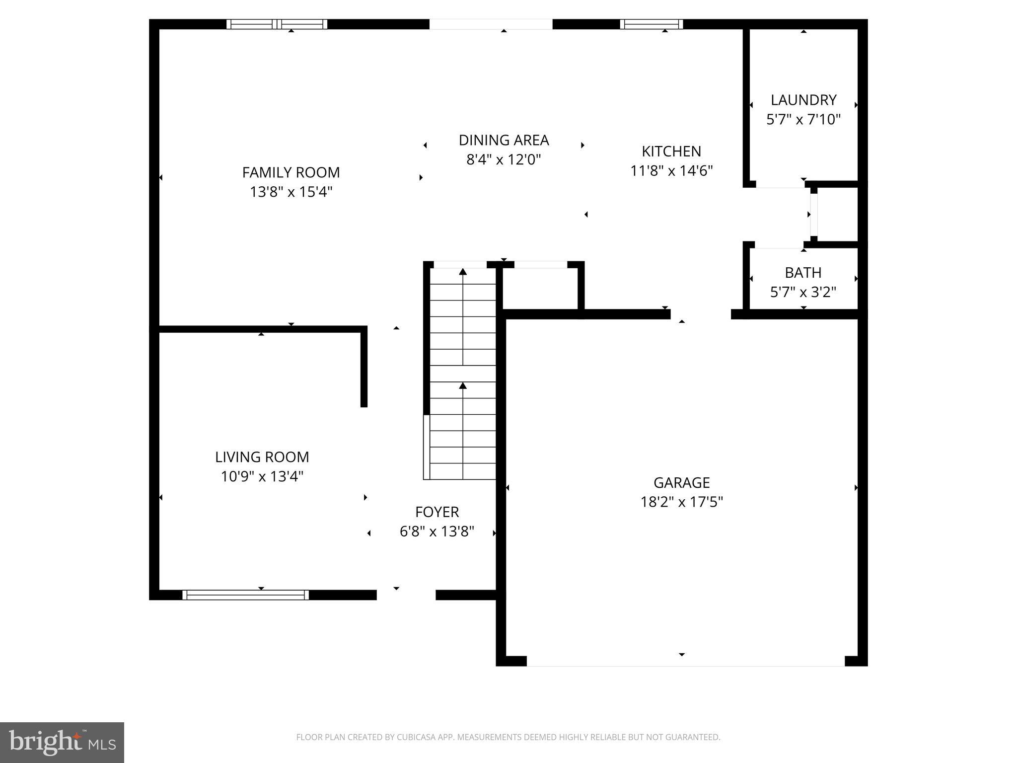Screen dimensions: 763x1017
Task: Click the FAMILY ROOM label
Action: pos(291,172)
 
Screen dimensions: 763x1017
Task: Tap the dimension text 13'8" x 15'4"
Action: pos(291,192)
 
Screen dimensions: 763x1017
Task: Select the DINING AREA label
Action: pos(504,140)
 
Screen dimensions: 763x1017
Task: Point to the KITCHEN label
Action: pos(671,151)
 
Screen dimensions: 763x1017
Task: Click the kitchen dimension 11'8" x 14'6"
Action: pos(671,171)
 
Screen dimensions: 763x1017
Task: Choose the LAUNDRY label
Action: pos(803,100)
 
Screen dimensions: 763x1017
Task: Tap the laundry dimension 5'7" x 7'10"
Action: pos(803,120)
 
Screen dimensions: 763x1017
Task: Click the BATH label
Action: pos(803,273)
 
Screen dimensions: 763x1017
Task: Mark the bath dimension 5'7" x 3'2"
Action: pos(803,292)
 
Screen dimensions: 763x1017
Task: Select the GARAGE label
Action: pos(681,482)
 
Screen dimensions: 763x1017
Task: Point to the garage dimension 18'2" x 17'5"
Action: pos(681,502)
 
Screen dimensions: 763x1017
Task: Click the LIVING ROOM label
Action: pos(262,457)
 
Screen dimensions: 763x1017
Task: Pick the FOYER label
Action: pos(437,512)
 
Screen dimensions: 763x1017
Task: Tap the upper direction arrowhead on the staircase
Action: pos(463,271)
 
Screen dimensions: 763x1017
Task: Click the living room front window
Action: pos(245,595)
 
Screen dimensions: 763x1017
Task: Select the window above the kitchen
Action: pos(651,24)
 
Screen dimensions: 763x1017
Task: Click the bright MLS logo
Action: pos(62,742)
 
